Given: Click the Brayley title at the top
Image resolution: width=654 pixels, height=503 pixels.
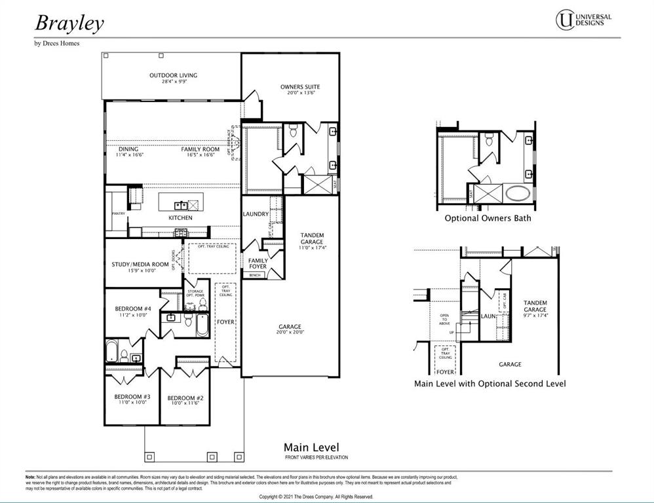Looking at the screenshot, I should [69, 23].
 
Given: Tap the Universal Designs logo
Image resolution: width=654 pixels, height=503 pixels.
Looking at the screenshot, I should [583, 19].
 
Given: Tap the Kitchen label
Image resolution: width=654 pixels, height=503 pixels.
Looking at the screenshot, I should [181, 217].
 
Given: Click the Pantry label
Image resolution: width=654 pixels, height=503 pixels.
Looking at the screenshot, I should [118, 214].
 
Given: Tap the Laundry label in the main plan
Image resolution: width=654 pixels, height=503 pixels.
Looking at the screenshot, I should [256, 214].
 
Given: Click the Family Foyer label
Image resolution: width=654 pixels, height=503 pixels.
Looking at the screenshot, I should [258, 263].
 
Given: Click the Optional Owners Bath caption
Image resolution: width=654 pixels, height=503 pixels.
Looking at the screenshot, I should [488, 218].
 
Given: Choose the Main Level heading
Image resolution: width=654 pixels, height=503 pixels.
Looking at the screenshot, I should [316, 447].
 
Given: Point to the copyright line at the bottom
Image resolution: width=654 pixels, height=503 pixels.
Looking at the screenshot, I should [316, 497].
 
